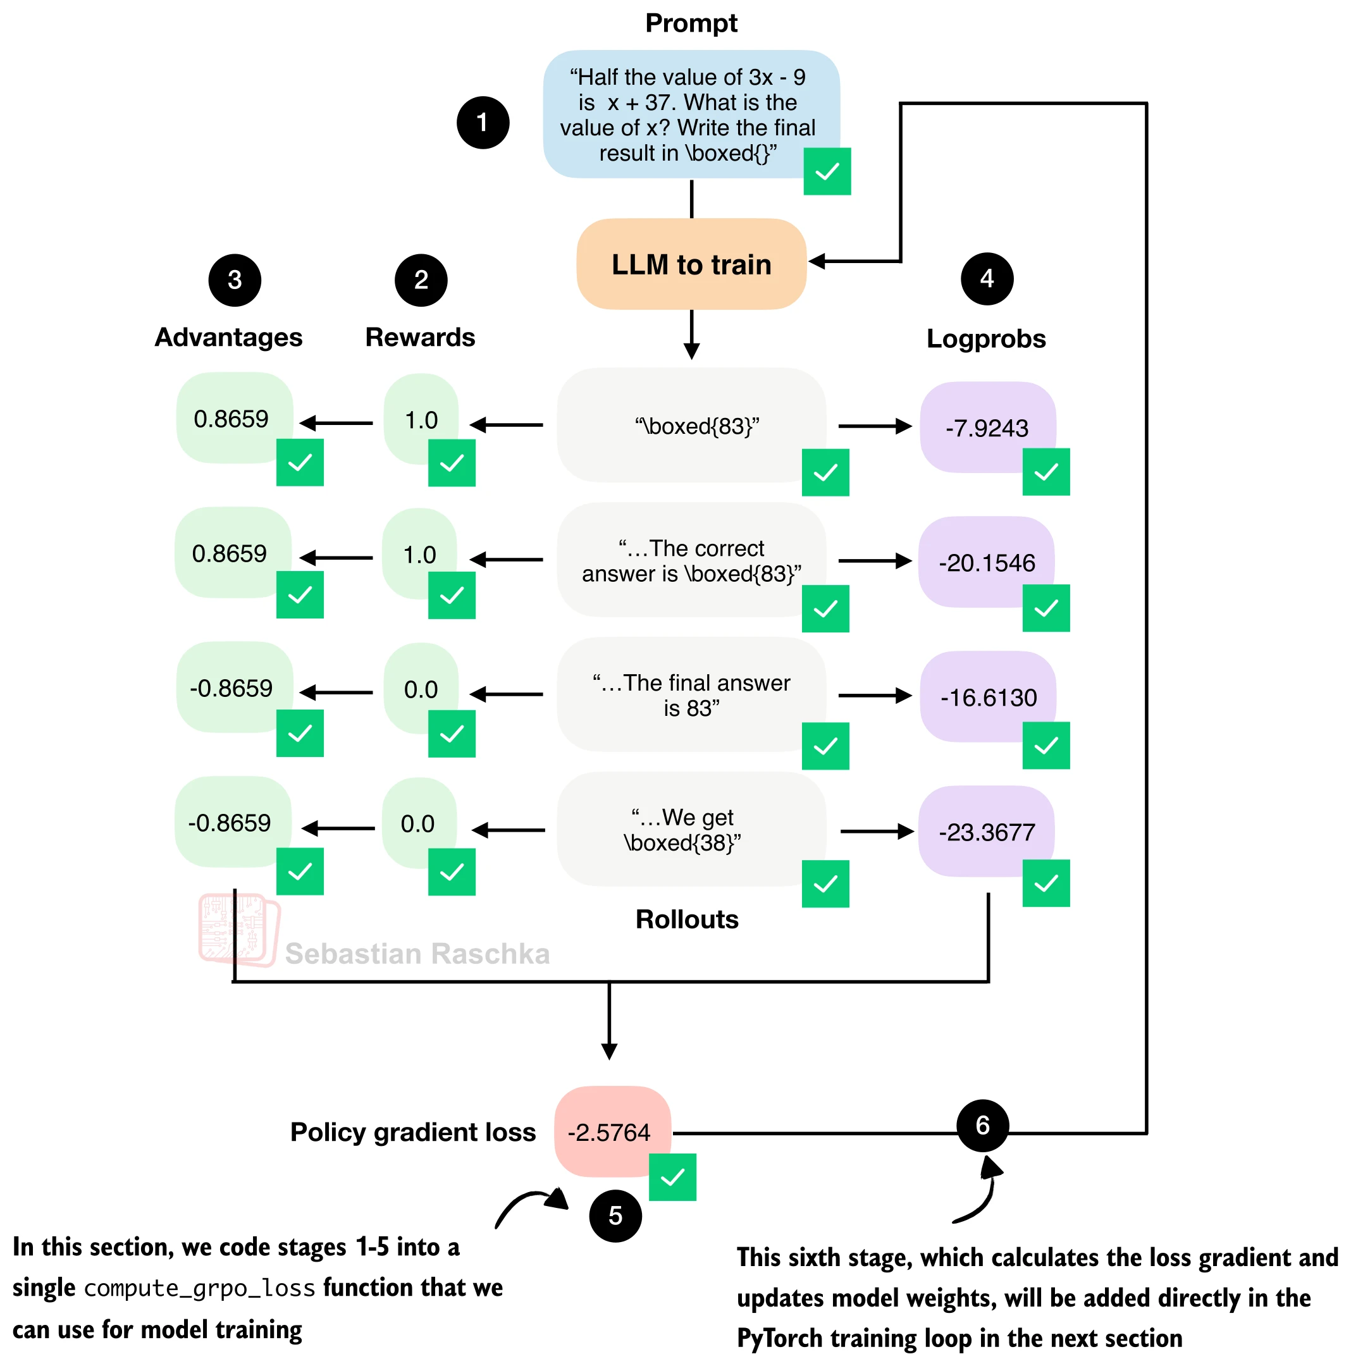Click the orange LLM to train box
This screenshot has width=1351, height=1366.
coord(691,264)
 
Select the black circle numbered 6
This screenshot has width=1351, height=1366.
coord(983,1126)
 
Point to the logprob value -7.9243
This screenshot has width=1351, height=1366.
coord(987,428)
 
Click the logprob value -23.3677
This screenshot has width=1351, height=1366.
coord(987,832)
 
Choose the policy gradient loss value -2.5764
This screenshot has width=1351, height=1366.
coord(609,1133)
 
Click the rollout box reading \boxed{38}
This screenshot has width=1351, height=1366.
coord(691,829)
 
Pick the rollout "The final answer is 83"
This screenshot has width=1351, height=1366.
coord(691,695)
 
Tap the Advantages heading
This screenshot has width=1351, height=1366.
coord(228,337)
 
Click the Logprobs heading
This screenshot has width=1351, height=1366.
coord(986,339)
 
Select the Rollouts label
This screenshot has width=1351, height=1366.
coord(686,919)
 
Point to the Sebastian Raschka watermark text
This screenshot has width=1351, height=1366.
coord(417,954)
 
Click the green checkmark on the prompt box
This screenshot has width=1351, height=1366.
coord(827,171)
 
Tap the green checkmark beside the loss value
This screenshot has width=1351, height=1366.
coord(672,1177)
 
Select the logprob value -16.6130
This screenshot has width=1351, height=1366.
coord(989,698)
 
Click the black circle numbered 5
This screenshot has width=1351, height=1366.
coord(615,1216)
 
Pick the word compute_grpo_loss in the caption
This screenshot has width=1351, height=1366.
coord(199,1288)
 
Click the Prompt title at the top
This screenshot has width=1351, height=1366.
coord(691,23)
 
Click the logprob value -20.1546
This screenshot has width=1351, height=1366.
coord(987,563)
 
